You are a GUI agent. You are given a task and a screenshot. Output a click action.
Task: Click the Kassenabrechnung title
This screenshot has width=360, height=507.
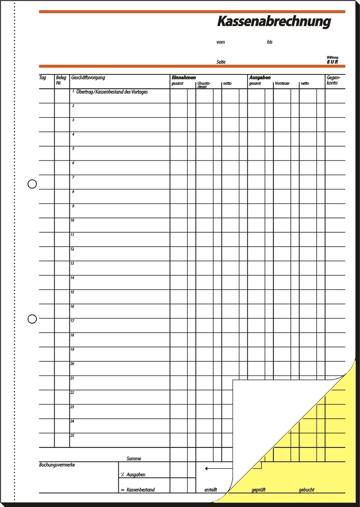click(274, 22)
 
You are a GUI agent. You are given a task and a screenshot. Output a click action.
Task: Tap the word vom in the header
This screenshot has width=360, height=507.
click(220, 42)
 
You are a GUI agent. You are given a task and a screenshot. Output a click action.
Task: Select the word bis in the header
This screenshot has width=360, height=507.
click(270, 42)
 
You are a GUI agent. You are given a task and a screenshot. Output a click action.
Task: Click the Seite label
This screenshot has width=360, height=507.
click(221, 62)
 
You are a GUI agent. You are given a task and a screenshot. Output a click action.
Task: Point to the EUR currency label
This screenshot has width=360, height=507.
click(332, 62)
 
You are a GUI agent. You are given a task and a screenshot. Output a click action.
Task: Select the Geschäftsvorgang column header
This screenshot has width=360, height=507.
click(88, 78)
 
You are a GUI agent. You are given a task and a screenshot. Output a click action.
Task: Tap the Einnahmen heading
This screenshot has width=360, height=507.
click(183, 78)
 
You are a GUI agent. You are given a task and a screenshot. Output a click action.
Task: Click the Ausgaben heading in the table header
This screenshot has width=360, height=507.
click(259, 78)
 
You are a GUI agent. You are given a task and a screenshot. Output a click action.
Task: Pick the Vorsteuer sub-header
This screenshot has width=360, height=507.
click(282, 84)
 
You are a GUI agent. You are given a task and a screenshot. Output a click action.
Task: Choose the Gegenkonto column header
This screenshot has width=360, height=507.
click(333, 80)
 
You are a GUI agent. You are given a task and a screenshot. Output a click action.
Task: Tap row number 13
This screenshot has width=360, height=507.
click(72, 263)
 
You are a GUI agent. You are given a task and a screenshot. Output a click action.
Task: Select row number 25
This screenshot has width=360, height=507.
click(72, 435)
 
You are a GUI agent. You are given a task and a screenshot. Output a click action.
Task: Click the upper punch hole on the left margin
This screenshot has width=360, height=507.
click(32, 184)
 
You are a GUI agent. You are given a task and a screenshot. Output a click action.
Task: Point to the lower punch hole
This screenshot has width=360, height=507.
click(32, 319)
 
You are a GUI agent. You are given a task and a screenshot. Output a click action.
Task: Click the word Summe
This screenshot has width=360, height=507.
click(134, 458)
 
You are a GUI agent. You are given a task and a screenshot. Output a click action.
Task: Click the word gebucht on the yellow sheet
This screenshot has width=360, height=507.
click(306, 490)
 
